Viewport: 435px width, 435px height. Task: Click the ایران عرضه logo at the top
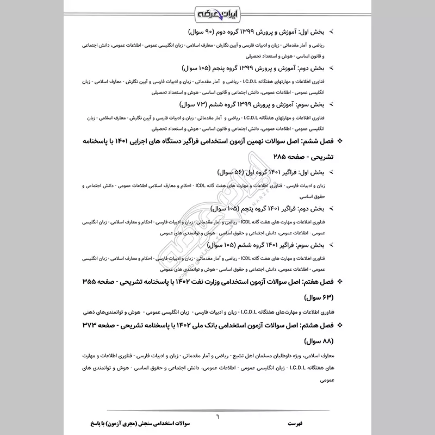pyautogui.click(x=217, y=11)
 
